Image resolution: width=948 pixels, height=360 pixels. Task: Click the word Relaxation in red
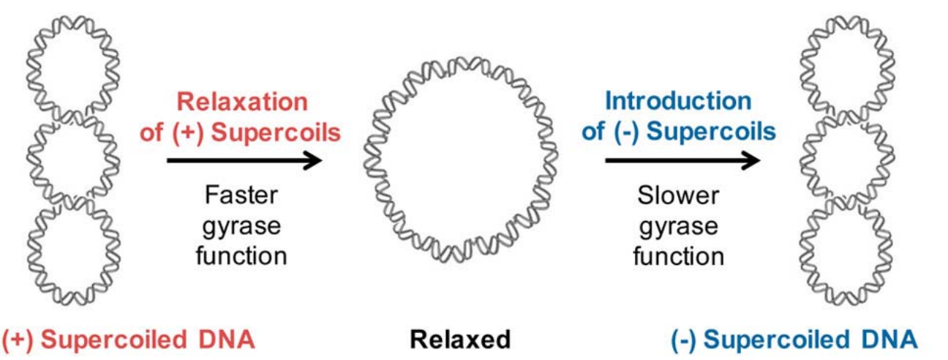pos(243,102)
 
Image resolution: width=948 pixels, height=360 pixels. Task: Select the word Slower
pos(679,195)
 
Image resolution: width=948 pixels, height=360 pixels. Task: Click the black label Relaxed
pos(459,340)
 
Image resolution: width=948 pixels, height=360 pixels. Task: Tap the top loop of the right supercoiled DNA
pos(841,61)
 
